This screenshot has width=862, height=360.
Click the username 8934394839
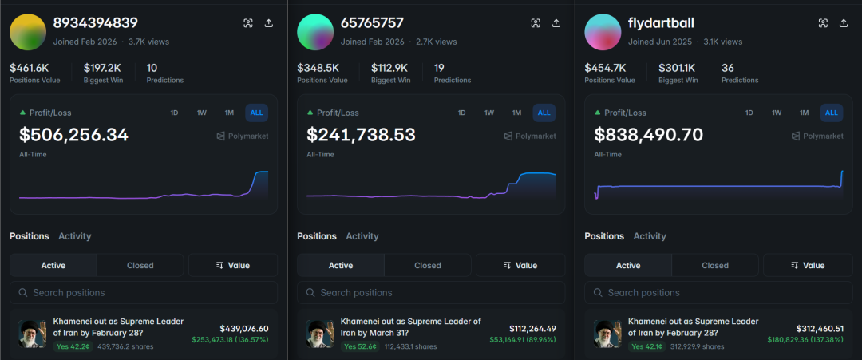(95, 23)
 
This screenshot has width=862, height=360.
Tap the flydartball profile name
(661, 23)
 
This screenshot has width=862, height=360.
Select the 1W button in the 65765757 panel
(489, 113)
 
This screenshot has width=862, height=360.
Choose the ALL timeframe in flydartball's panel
(831, 113)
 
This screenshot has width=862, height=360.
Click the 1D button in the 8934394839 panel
(174, 113)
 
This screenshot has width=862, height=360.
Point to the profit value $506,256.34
(73, 135)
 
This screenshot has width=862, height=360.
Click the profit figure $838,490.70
(648, 135)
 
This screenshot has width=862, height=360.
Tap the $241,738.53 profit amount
(361, 135)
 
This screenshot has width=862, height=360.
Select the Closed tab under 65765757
(428, 265)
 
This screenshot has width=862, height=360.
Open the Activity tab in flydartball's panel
(650, 236)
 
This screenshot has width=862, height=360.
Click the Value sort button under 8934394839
(233, 265)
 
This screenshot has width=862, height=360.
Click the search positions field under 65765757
(431, 292)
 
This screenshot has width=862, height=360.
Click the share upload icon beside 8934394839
(269, 23)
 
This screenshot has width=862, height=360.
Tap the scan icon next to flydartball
(823, 23)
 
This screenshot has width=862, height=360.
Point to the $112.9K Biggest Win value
(390, 68)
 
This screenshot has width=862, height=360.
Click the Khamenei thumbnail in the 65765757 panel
(319, 334)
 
